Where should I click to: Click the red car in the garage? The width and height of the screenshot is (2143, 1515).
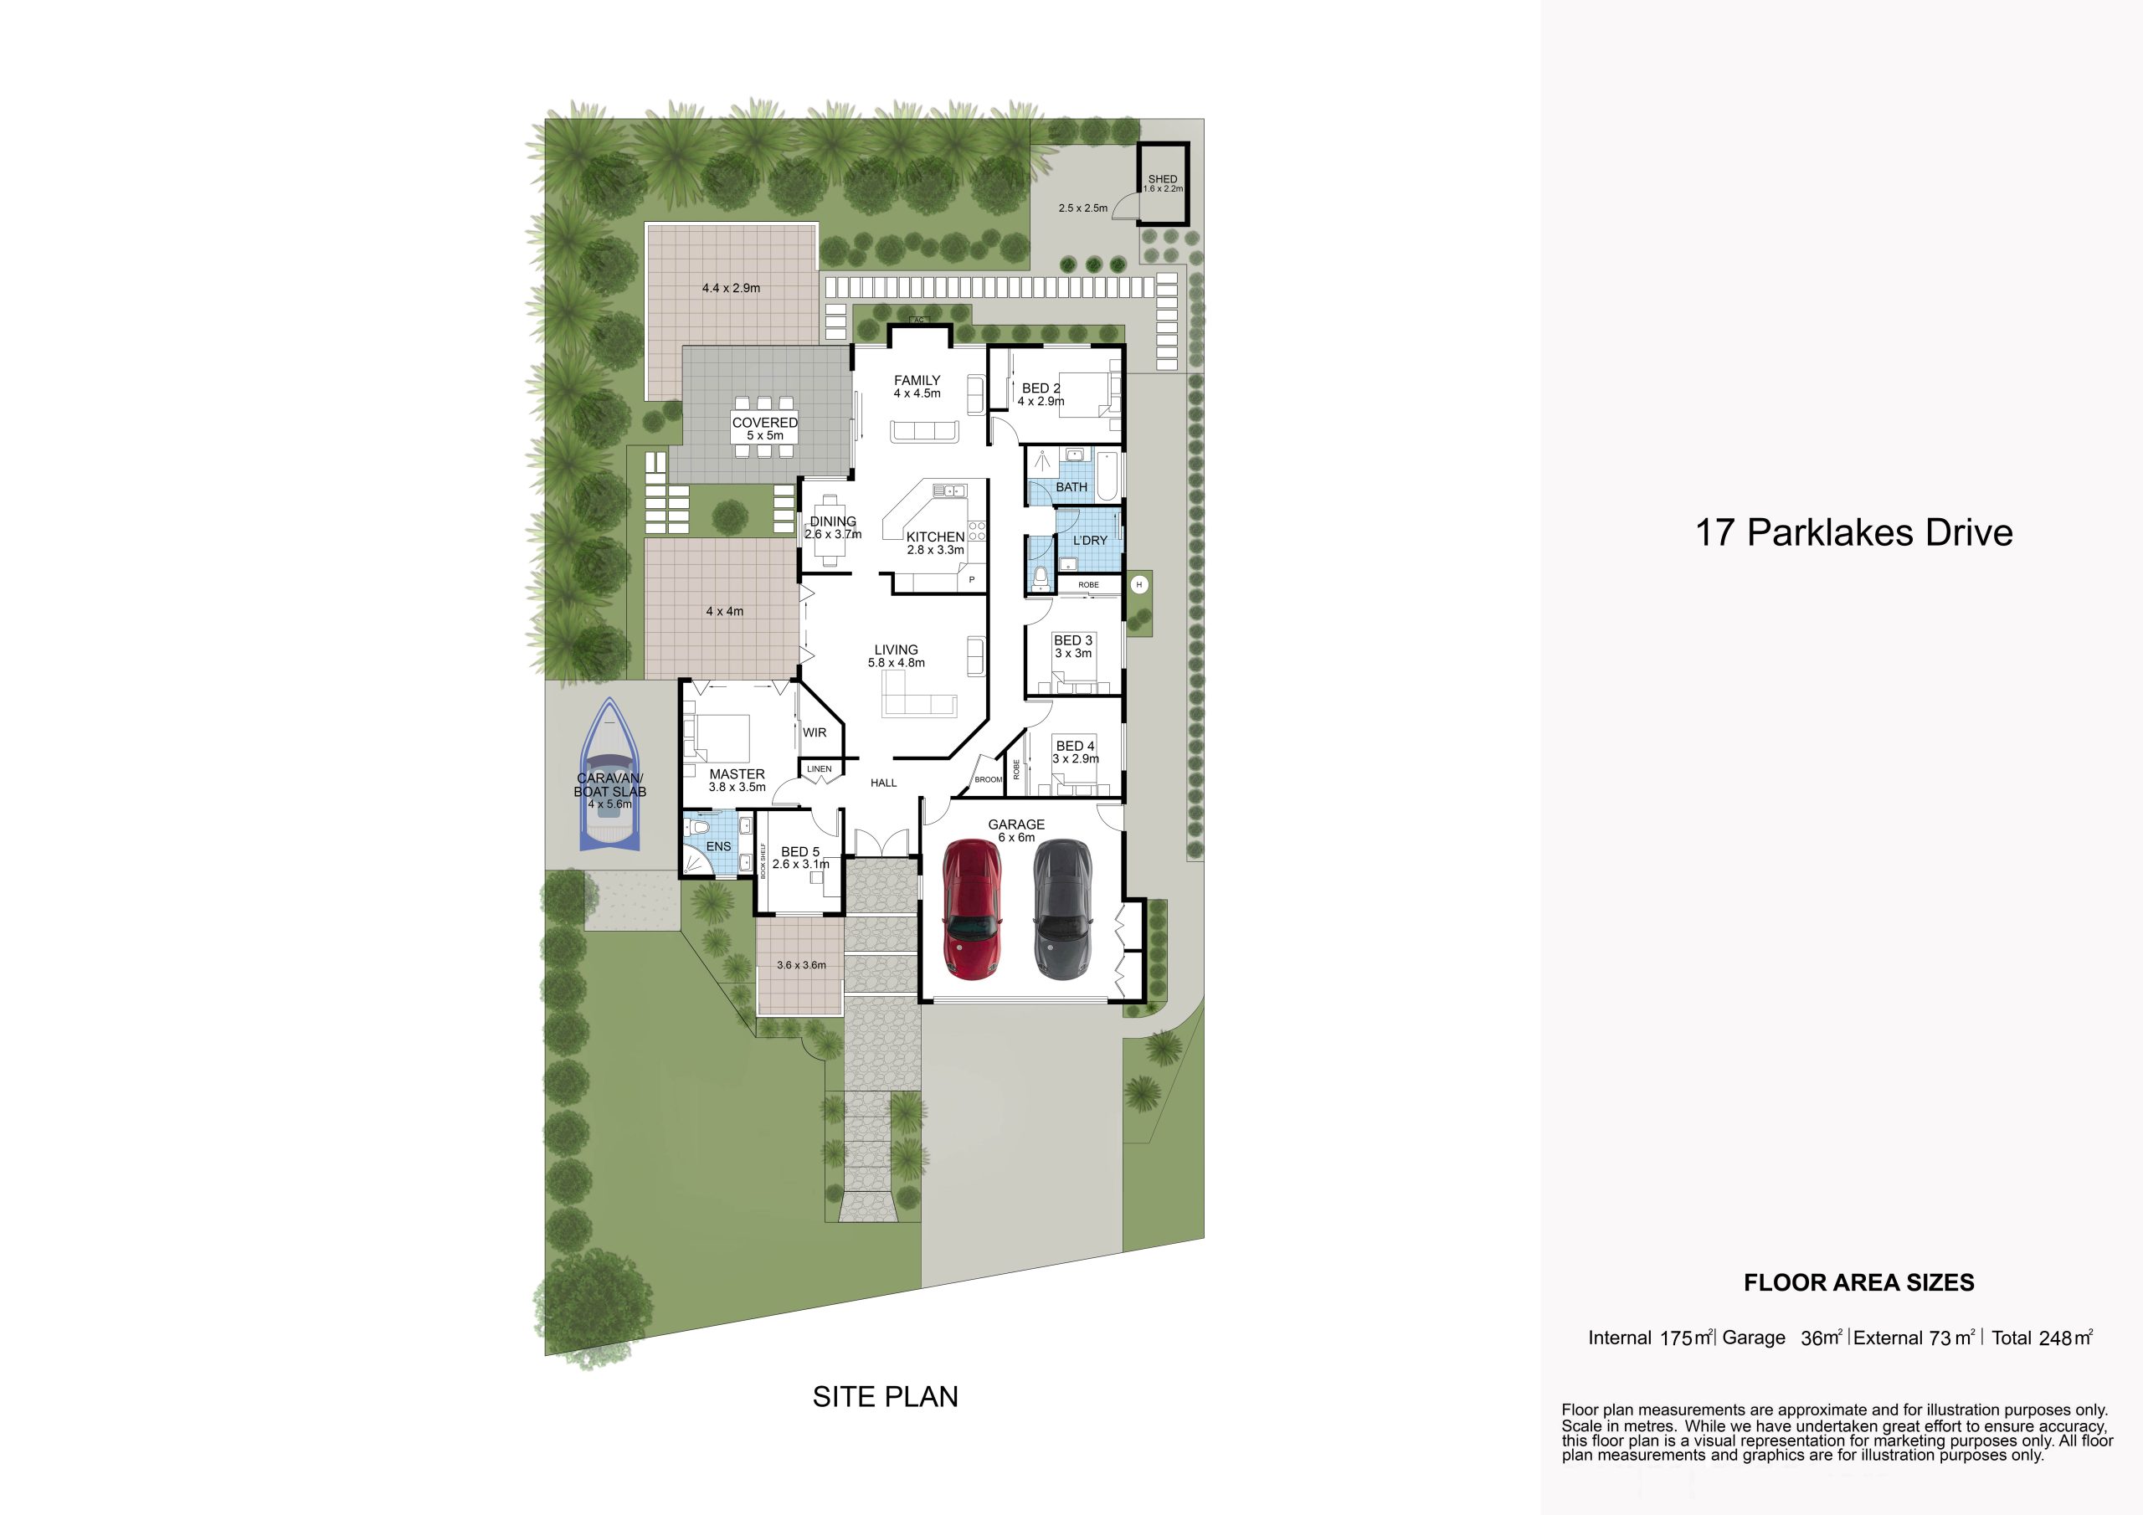pyautogui.click(x=974, y=909)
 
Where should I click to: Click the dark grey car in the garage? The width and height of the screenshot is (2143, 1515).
pyautogui.click(x=1062, y=909)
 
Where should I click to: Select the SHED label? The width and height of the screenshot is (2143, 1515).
pyautogui.click(x=1163, y=178)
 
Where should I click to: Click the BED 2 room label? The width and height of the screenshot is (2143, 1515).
pyautogui.click(x=1041, y=388)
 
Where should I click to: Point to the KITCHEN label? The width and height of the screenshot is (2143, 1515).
pyautogui.click(x=935, y=537)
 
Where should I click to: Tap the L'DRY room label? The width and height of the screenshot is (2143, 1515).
pyautogui.click(x=1090, y=541)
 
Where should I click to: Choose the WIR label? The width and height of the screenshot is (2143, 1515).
pyautogui.click(x=815, y=732)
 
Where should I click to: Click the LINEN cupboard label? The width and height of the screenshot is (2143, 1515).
pyautogui.click(x=820, y=769)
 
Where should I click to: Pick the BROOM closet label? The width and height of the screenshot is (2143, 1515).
pyautogui.click(x=989, y=779)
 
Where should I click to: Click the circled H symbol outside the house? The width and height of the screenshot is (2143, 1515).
pyautogui.click(x=1138, y=585)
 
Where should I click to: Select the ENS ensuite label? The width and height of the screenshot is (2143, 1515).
pyautogui.click(x=719, y=847)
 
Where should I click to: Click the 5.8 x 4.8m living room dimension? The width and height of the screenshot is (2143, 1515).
pyautogui.click(x=896, y=663)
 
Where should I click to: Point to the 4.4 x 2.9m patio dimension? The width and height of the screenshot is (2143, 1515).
pyautogui.click(x=731, y=289)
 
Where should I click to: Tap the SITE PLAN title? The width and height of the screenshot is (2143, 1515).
pyautogui.click(x=886, y=1396)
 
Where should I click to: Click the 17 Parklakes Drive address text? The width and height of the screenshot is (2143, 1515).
pyautogui.click(x=1853, y=533)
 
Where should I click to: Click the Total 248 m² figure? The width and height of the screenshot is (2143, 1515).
pyautogui.click(x=2043, y=1338)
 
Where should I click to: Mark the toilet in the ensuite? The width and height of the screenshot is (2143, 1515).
pyautogui.click(x=700, y=827)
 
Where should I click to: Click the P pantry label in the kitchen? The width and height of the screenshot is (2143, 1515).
pyautogui.click(x=972, y=580)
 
